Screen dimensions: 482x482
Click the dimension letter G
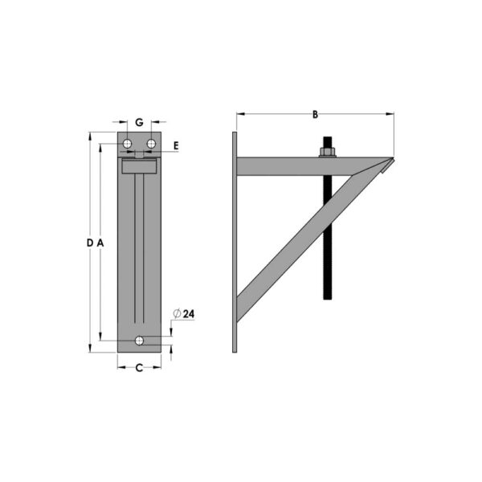[x=139, y=123]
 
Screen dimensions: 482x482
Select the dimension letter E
[x=175, y=145]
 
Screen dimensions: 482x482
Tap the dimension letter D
[x=89, y=243]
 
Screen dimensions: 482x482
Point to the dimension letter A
[x=101, y=243]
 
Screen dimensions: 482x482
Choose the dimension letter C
[x=139, y=368]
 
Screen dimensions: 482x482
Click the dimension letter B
[x=316, y=115]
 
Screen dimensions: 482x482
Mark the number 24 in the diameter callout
[x=188, y=314]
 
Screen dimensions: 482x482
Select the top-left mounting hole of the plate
[x=127, y=143]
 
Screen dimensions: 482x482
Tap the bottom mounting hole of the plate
[x=140, y=341]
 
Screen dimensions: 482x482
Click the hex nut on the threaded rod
[x=328, y=151]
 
